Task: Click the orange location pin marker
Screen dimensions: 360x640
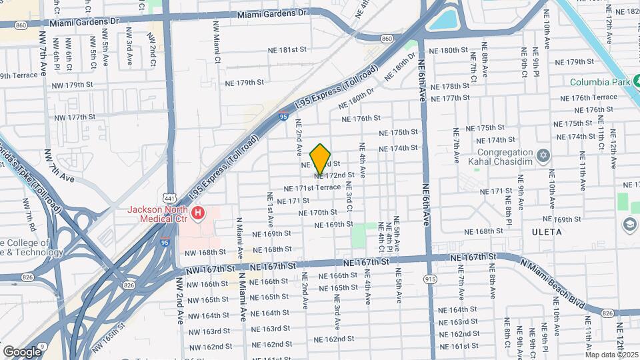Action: point(321,159)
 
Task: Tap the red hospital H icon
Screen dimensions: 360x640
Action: point(198,213)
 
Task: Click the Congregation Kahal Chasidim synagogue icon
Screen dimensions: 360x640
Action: point(543,155)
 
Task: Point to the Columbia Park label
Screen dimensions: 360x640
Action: point(599,82)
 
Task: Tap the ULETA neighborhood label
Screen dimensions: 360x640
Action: point(547,232)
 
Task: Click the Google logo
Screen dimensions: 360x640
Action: point(22,351)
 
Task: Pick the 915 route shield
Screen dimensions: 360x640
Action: point(432,279)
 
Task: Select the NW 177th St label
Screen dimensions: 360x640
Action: point(75,117)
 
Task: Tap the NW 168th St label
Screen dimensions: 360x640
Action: point(201,252)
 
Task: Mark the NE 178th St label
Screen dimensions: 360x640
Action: point(450,87)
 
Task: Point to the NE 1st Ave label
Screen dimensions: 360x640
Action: point(270,207)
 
